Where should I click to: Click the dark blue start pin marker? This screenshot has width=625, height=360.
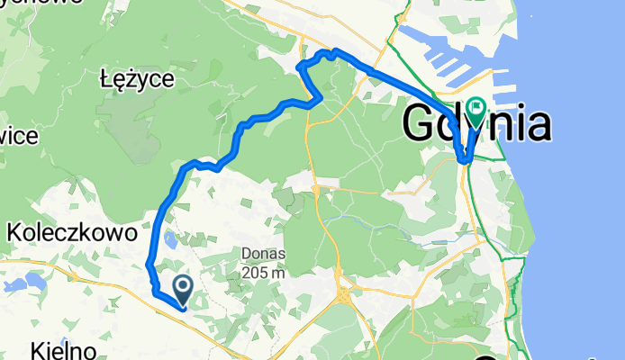click(x=183, y=289)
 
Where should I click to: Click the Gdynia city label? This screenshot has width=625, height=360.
click(x=476, y=123)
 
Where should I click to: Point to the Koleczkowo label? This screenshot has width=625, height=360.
click(x=72, y=233)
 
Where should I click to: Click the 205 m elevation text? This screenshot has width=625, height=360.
click(x=264, y=272)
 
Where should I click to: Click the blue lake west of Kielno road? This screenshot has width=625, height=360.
click(x=15, y=287)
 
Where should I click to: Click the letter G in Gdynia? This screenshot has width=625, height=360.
click(x=421, y=123)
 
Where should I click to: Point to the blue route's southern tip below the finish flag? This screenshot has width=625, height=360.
click(x=464, y=161)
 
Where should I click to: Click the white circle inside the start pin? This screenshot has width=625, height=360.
click(x=183, y=286)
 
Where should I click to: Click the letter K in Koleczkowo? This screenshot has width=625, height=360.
click(x=14, y=233)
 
